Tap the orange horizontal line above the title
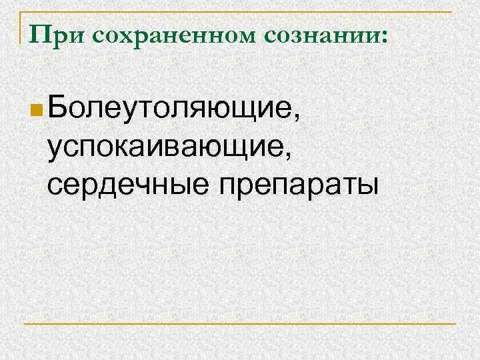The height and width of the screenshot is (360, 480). (240, 12)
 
